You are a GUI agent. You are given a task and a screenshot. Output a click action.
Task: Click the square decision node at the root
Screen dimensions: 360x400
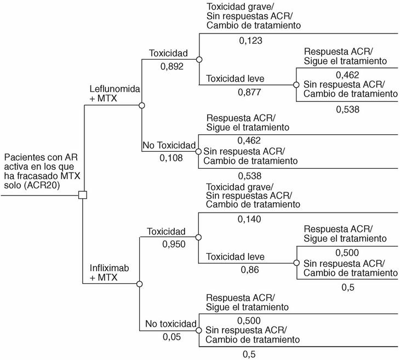point(83,195)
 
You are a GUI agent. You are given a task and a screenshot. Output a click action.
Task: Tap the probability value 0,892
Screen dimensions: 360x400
point(172,66)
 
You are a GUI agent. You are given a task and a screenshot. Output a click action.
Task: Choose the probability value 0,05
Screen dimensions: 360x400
point(172,336)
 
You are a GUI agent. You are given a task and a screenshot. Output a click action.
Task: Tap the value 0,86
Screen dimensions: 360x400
point(250,270)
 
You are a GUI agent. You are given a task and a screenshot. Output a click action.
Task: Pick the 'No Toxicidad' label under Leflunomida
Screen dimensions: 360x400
point(169,146)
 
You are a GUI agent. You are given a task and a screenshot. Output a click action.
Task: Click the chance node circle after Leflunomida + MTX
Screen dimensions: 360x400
point(141,106)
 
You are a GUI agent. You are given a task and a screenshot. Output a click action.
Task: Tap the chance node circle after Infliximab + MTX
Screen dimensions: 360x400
point(140,284)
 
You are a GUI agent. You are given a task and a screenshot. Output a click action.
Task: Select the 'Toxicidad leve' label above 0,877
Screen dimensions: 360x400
point(236,78)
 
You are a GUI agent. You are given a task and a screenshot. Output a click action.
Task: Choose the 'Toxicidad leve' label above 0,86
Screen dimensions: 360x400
point(236,256)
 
